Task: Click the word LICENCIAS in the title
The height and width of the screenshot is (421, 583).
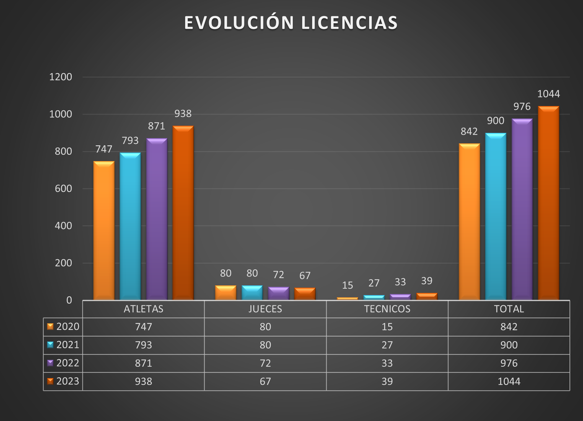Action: (x=349, y=23)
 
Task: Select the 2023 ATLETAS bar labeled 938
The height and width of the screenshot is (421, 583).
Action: (x=183, y=213)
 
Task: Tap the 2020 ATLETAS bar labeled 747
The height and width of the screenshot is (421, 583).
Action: (x=104, y=231)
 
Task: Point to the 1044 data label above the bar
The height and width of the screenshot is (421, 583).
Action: (x=548, y=94)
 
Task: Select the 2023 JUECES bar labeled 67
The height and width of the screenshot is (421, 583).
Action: (x=305, y=294)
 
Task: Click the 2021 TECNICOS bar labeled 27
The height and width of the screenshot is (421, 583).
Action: (x=374, y=298)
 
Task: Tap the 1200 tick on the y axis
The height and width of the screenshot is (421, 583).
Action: (x=61, y=77)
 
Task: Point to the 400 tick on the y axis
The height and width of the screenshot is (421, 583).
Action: (x=63, y=226)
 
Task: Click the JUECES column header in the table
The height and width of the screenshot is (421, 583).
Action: (x=265, y=309)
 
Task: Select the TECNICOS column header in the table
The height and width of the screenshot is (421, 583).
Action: (x=387, y=309)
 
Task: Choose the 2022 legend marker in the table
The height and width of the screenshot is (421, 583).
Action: (x=50, y=363)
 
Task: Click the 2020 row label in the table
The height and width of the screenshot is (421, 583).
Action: (x=68, y=327)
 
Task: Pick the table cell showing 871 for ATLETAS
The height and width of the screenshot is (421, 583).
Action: (x=143, y=363)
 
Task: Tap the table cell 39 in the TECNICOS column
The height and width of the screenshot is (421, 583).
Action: (x=387, y=381)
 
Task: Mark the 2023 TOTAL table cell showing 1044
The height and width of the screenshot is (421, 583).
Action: (x=509, y=381)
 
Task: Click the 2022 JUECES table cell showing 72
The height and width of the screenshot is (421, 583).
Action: (x=265, y=363)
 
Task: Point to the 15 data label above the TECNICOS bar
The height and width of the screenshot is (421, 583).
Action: (x=348, y=285)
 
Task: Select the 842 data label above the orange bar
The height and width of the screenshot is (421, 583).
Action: (x=469, y=131)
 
